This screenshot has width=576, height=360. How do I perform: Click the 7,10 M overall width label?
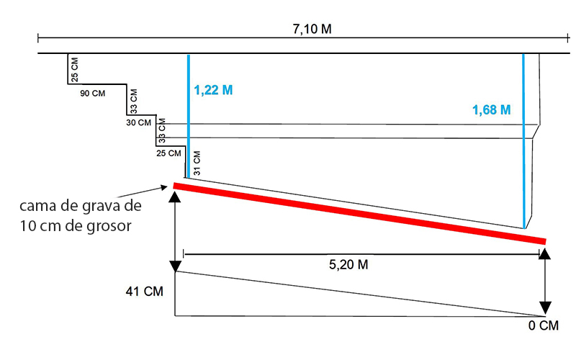312,29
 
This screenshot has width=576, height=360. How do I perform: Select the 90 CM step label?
93,94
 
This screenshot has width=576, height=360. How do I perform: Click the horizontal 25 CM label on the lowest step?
169,153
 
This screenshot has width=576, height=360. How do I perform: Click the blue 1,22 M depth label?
213,91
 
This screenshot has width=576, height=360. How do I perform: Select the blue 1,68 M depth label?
491,110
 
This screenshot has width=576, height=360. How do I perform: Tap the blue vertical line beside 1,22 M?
187,115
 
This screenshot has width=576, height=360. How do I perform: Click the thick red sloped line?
360,213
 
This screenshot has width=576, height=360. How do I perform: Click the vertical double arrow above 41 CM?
175,231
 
